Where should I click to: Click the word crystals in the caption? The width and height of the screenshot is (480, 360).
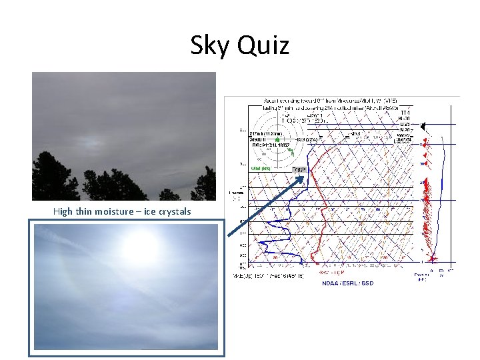pos(173,211)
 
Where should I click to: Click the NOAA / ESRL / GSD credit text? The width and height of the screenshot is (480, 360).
pos(347,283)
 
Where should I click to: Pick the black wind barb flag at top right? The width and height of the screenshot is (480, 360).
pos(425,124)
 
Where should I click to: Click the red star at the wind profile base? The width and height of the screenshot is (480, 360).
pos(432,258)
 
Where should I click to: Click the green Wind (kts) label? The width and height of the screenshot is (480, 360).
pos(260,169)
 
